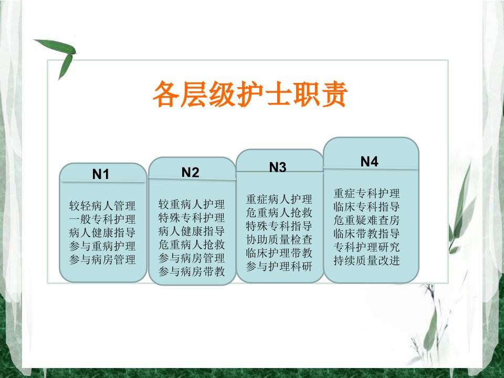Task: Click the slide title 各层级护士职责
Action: tap(250, 94)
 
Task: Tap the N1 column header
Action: tap(101, 174)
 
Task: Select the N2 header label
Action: tap(190, 172)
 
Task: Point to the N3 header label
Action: tap(278, 167)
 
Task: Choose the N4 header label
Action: tap(369, 161)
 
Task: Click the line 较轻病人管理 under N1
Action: tap(102, 206)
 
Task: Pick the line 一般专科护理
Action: tap(102, 219)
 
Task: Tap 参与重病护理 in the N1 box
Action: tap(102, 246)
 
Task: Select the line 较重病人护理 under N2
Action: tap(191, 204)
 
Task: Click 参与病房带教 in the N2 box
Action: tap(191, 271)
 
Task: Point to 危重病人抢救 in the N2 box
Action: tap(191, 245)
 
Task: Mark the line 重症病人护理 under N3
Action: tap(279, 199)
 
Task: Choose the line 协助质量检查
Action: tap(279, 239)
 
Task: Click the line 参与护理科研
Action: tap(279, 267)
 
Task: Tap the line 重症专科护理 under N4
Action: tap(367, 193)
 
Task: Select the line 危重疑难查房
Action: tap(367, 220)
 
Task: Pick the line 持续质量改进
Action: tap(367, 261)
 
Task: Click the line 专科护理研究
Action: tap(367, 247)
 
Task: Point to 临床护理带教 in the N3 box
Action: tap(279, 253)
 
